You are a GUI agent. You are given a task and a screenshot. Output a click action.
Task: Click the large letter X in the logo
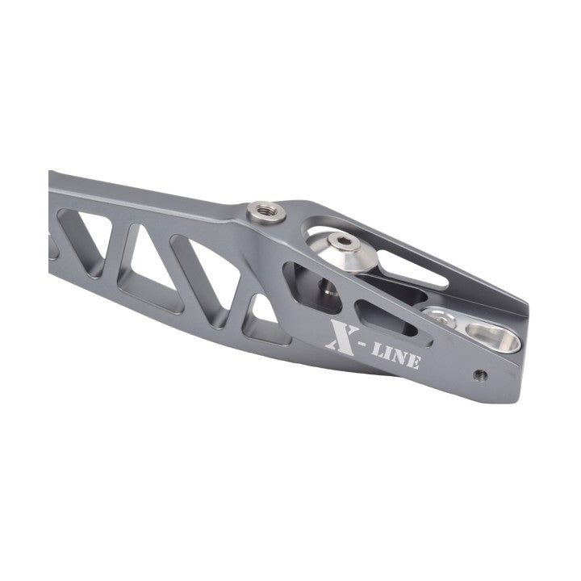pos(342,336)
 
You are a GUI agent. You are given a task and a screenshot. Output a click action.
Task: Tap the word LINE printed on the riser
pos(396,357)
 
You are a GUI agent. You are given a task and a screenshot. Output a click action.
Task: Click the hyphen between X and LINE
pos(365,345)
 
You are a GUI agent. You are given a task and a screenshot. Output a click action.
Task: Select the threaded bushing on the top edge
pos(266,212)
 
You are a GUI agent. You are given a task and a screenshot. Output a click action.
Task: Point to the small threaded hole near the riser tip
pos(480,375)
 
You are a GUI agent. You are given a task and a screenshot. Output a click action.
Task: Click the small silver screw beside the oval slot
pos(441,320)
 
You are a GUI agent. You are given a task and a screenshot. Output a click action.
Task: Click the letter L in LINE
pos(378,350)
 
